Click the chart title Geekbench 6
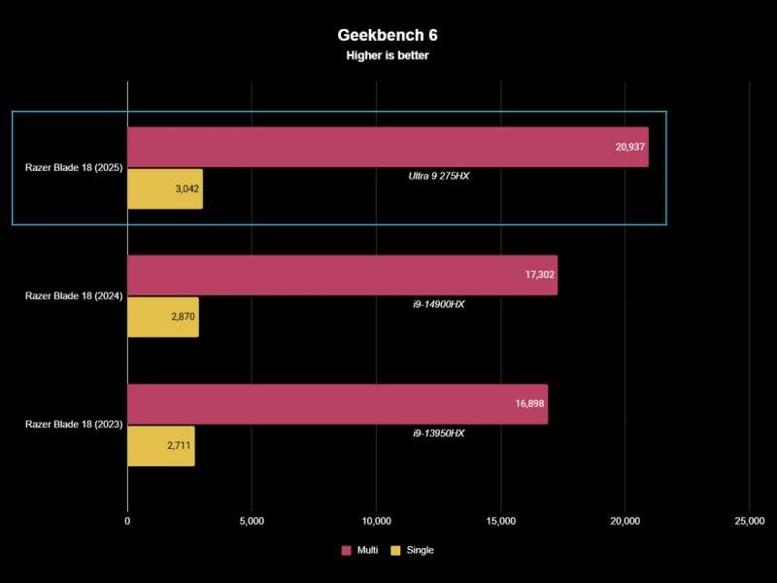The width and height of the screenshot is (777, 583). click(388, 35)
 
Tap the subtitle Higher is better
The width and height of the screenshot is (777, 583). click(388, 55)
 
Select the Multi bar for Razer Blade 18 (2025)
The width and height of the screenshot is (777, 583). click(388, 147)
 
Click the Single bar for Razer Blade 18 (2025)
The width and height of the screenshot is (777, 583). click(165, 189)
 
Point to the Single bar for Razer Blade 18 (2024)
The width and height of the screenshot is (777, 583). click(163, 317)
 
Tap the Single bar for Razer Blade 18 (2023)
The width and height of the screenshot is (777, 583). click(161, 446)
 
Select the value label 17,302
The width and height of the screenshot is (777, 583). click(539, 275)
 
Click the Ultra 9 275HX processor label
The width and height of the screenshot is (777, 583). click(439, 176)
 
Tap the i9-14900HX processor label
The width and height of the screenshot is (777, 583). click(439, 304)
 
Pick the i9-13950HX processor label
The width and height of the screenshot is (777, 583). click(439, 433)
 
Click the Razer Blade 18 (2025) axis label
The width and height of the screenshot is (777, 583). click(73, 168)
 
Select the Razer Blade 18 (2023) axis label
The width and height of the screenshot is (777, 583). click(73, 426)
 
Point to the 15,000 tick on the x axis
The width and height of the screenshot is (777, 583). click(500, 521)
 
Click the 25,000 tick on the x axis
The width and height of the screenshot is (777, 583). click(749, 521)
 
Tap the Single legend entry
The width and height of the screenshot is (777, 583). click(413, 550)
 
